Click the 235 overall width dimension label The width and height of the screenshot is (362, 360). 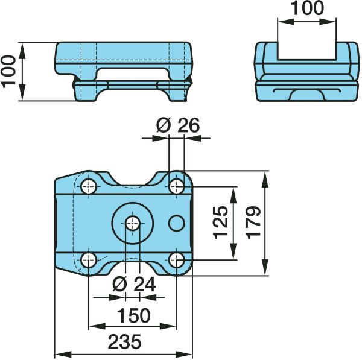point(124,342)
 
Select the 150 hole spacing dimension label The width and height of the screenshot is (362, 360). point(134,315)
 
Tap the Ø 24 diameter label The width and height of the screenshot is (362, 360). point(134,285)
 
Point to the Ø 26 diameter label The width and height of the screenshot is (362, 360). point(178,125)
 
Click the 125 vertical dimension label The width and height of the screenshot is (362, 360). point(220,223)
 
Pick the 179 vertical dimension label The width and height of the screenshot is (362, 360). point(253,223)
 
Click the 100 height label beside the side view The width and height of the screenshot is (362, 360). point(8,72)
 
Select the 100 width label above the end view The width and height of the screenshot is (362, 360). point(307,8)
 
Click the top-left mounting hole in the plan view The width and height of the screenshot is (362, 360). point(89,186)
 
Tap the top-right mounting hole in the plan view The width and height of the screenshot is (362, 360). point(177,186)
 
